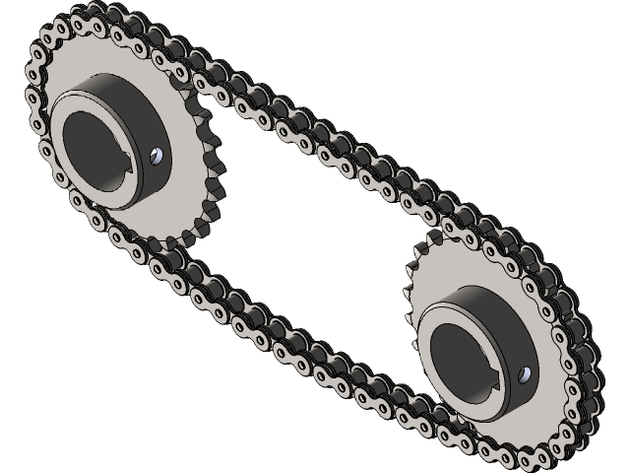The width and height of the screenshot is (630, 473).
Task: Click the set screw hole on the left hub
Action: click(157, 155)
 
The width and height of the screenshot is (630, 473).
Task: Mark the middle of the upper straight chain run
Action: click(325, 138)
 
